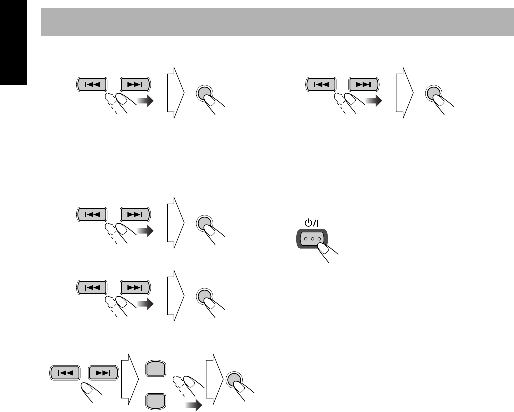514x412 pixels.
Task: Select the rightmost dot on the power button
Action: click(x=318, y=238)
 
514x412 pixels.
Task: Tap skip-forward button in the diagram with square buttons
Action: click(x=104, y=372)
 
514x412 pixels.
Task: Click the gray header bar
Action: click(x=277, y=22)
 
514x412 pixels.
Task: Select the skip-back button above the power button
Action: click(x=321, y=84)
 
